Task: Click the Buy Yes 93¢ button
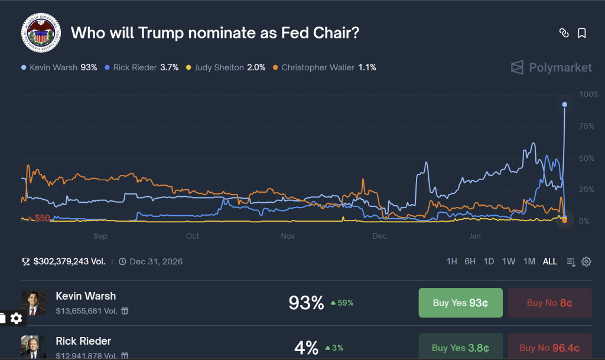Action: tap(460, 303)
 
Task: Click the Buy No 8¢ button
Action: tap(549, 303)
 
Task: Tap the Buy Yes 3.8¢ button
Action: tap(460, 348)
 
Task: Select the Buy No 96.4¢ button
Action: tap(549, 348)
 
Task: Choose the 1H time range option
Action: tap(452, 261)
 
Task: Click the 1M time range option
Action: tap(529, 261)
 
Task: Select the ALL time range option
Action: tap(549, 261)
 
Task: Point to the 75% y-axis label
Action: tap(587, 126)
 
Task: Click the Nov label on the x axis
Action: tap(288, 236)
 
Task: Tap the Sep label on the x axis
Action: tap(100, 236)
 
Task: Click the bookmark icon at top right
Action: tap(582, 33)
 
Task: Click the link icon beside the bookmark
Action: tap(564, 33)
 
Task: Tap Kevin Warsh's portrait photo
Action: tap(34, 303)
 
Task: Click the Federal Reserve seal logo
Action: tap(41, 32)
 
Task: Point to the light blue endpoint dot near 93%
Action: tap(564, 105)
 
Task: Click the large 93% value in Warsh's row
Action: tap(306, 303)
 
